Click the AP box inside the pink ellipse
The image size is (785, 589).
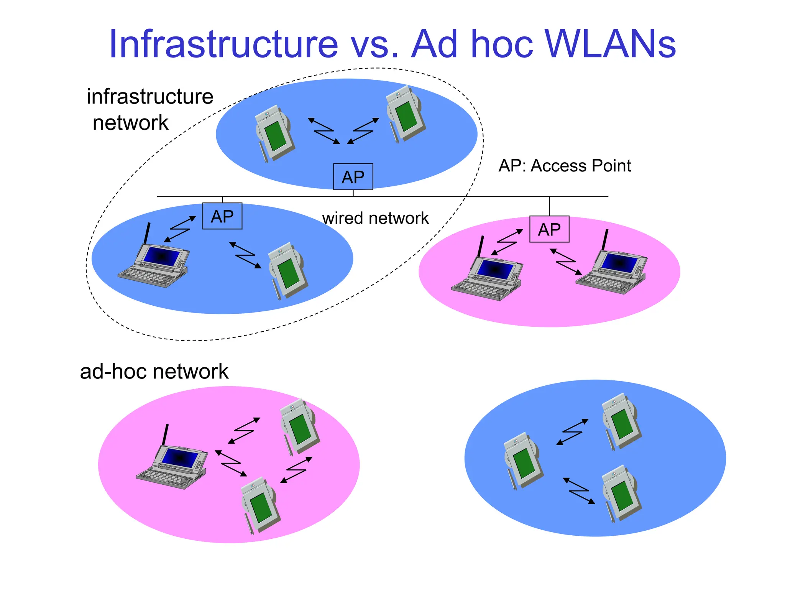tap(549, 229)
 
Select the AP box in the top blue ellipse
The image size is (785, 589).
tap(353, 177)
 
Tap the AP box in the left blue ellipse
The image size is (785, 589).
tap(222, 216)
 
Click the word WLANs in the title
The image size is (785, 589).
tap(610, 44)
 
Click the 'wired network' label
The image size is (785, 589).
tap(375, 218)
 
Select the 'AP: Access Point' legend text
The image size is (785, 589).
tap(565, 166)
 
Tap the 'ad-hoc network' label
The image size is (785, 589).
tap(154, 371)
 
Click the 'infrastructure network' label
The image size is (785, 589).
tap(149, 109)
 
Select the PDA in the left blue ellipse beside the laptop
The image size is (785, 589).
tap(287, 270)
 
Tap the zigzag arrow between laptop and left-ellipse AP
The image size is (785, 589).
tap(179, 229)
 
